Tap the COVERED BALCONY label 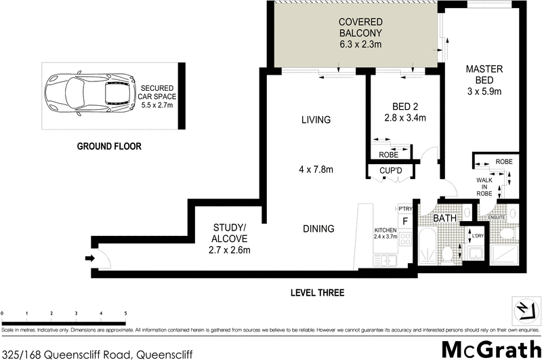(360, 32)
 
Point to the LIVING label (316, 120)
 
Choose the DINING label (318, 228)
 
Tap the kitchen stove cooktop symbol (406, 239)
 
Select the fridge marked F (405, 221)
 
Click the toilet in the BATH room (447, 254)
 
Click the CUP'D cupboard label (391, 169)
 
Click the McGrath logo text (491, 348)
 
